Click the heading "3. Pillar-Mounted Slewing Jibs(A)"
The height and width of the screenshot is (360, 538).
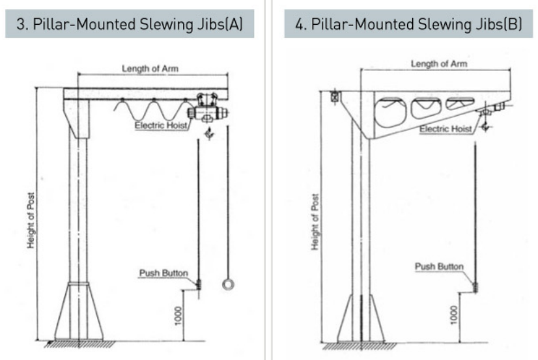point(130,24)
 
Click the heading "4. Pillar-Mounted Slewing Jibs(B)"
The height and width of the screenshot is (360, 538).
point(408,24)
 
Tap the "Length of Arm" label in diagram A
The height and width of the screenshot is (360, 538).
point(150,68)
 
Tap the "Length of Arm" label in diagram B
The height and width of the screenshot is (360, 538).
point(439,64)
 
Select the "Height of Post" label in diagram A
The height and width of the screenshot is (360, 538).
point(31,220)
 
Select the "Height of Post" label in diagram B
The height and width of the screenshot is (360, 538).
point(315,222)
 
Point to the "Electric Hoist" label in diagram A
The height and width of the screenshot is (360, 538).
point(161,125)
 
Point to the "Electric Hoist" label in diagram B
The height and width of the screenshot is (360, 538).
point(446,129)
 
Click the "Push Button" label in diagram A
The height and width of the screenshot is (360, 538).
point(163,273)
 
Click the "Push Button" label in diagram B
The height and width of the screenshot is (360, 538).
point(439,266)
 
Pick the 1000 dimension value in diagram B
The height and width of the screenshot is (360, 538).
point(454,314)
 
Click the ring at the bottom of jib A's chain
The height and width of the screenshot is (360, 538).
point(228,288)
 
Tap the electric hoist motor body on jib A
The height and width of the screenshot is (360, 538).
point(207,113)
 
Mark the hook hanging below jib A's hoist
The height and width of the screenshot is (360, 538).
point(209,133)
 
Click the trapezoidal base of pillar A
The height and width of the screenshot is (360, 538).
point(79,311)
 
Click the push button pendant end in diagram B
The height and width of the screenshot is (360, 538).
point(475,287)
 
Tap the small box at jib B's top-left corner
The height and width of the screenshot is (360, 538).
point(334,96)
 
